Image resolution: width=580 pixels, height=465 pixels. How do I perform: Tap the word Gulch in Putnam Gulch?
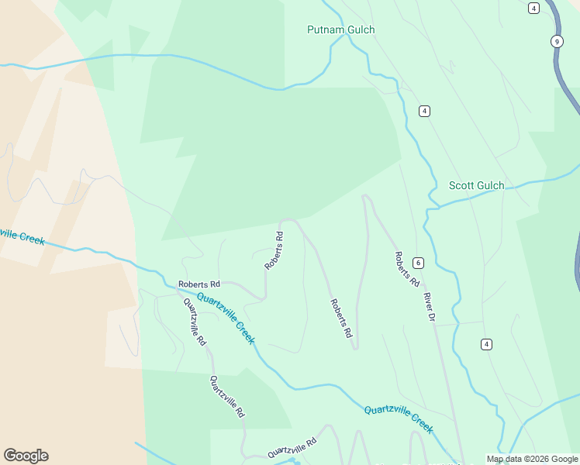[x=360, y=30]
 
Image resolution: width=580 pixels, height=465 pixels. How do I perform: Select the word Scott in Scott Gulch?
[x=462, y=186]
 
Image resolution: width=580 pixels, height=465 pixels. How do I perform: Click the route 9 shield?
[x=557, y=41]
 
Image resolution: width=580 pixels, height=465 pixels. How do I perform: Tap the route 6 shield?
[x=418, y=263]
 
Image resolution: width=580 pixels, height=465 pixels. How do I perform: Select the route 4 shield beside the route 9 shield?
[x=533, y=8]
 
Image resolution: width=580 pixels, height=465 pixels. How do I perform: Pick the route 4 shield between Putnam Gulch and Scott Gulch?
[x=424, y=111]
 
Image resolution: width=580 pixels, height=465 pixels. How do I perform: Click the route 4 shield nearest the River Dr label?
[x=486, y=344]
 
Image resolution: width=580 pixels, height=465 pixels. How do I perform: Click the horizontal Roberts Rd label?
[x=199, y=284]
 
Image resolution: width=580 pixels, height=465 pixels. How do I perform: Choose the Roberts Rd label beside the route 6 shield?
[x=406, y=269]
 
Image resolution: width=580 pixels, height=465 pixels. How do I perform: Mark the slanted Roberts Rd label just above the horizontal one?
[x=274, y=250]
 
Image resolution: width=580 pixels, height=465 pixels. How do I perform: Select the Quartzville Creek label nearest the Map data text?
[x=399, y=419]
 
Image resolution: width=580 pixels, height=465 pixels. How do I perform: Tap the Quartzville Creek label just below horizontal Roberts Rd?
[x=226, y=318]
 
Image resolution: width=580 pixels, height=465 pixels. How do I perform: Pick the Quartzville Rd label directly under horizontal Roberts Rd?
[x=195, y=322]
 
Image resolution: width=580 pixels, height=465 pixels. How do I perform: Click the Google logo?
[x=26, y=456]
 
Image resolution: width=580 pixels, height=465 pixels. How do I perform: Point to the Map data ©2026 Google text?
[x=532, y=459]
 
